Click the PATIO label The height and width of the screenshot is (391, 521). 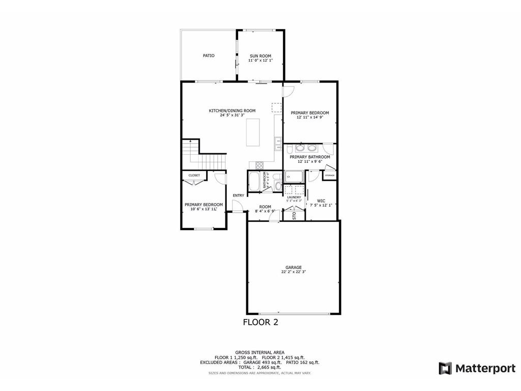(209, 55)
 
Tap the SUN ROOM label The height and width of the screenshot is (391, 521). (260, 55)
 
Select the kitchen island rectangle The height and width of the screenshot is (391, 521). (253, 132)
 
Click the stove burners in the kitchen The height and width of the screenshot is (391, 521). (259, 165)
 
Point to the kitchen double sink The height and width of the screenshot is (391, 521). (278, 145)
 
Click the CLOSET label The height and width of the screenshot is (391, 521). (194, 175)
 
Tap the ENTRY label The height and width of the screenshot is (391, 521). (238, 195)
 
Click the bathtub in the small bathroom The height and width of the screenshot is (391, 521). (254, 181)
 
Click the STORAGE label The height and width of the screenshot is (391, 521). (330, 176)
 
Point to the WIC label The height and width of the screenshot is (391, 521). (321, 201)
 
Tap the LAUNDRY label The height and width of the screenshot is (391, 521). (294, 197)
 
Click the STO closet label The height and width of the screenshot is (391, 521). (294, 215)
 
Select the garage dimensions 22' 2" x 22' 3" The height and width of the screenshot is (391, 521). (294, 272)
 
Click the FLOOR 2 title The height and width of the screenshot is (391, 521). (260, 322)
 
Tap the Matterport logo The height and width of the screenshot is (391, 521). (477, 368)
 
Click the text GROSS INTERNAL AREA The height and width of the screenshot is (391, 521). (259, 352)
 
